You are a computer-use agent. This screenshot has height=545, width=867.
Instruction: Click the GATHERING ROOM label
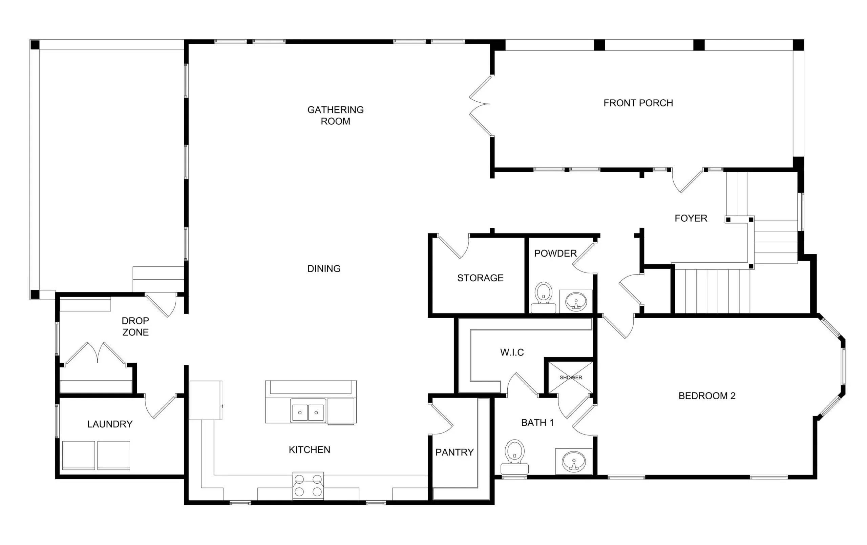click(x=335, y=115)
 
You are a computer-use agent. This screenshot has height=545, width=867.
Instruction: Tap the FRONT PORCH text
click(x=638, y=103)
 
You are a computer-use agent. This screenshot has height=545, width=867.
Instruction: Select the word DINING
click(x=324, y=268)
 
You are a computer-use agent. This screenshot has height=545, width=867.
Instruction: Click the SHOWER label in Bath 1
click(x=571, y=378)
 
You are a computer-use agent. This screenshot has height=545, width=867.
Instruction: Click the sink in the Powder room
click(x=576, y=301)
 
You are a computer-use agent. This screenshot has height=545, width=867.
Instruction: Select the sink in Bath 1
click(x=574, y=461)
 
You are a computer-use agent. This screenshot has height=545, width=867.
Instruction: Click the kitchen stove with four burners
click(x=308, y=486)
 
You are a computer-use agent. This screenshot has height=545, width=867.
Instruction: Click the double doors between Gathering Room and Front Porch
click(x=481, y=105)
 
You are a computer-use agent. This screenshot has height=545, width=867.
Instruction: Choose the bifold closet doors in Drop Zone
click(x=96, y=353)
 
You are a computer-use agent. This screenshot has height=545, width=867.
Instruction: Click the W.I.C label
click(x=512, y=352)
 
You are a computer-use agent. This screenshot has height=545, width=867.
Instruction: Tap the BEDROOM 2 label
click(x=706, y=396)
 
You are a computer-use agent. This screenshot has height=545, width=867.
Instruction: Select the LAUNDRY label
click(x=110, y=424)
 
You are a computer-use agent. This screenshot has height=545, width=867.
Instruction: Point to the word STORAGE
click(x=480, y=278)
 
